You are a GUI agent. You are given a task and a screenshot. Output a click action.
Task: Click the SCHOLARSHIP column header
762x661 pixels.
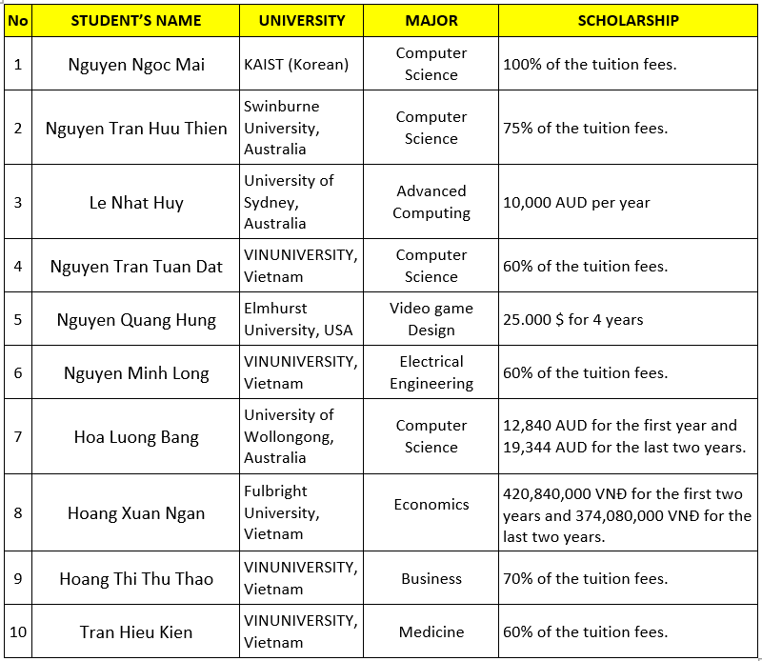click(628, 20)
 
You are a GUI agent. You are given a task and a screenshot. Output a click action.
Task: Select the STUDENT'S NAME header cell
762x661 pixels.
click(136, 20)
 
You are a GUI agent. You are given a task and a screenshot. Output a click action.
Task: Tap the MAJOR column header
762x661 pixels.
click(431, 20)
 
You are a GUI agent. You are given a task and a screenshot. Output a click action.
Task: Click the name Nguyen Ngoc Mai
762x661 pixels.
click(136, 65)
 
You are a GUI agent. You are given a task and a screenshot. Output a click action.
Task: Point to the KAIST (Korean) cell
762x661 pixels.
click(296, 65)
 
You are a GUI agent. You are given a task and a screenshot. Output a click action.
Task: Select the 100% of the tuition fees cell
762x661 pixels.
click(590, 65)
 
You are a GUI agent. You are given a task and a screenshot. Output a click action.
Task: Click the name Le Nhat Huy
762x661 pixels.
click(136, 202)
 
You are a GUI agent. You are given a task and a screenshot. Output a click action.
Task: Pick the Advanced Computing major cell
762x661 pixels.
click(431, 202)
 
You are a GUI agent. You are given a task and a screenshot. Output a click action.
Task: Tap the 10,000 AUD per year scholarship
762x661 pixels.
click(576, 202)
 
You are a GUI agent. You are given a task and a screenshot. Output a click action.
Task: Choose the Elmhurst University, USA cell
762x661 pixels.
click(298, 319)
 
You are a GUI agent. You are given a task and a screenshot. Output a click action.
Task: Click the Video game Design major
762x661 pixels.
click(431, 319)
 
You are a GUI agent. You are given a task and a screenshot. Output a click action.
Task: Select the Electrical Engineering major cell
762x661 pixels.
click(431, 372)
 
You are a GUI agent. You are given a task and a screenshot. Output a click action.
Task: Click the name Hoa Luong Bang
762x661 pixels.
click(136, 437)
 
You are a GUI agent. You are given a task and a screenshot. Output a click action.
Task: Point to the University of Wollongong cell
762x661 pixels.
click(290, 436)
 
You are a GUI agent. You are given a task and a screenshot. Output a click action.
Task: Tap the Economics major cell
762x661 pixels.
click(431, 505)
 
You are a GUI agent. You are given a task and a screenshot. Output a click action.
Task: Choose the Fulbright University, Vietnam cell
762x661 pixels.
click(283, 512)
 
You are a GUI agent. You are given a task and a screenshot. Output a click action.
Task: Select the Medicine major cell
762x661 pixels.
click(431, 631)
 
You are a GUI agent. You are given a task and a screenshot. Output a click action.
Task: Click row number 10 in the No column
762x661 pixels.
click(17, 631)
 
